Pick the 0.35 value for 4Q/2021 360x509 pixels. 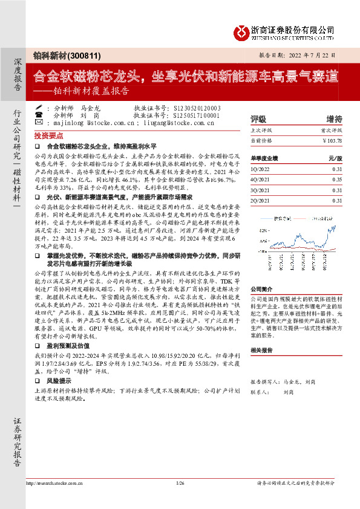[x=336, y=180]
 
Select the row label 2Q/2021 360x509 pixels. [x=261, y=200]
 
